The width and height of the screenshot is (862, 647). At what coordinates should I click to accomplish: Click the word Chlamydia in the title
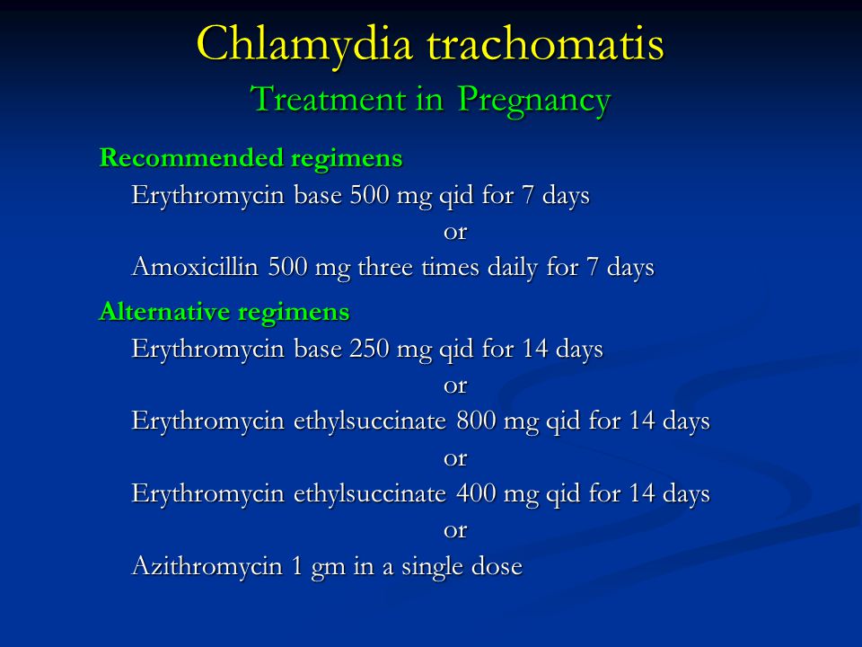304,45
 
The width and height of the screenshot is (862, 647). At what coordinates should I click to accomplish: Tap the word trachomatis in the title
546,43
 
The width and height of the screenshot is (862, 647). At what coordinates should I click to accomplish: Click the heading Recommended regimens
251,158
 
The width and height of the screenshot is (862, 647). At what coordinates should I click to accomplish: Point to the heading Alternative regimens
224,313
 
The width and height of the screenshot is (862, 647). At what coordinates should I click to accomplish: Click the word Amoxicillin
195,267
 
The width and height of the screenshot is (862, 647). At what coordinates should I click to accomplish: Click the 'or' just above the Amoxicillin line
454,232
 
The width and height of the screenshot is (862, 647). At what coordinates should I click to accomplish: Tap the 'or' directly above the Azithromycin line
454,531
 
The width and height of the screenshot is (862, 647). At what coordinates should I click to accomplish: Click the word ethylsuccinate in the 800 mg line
369,421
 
